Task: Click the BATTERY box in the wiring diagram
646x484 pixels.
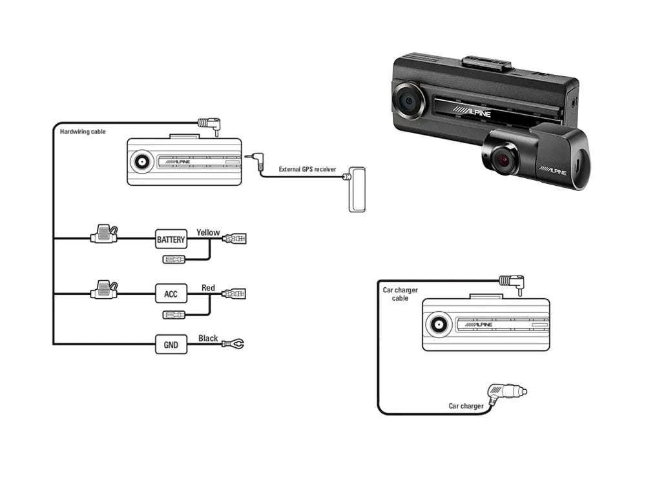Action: click(171, 240)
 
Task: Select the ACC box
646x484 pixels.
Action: click(171, 294)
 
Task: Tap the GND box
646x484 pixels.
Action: click(171, 345)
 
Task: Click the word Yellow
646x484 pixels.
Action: click(208, 232)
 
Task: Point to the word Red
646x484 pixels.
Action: click(208, 288)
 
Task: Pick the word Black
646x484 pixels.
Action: click(208, 338)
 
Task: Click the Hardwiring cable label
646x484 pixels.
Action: click(83, 132)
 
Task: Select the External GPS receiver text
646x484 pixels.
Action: click(307, 169)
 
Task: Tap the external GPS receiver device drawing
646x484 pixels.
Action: click(357, 188)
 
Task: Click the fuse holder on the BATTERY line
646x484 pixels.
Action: click(104, 236)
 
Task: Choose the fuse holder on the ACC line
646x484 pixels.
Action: click(104, 290)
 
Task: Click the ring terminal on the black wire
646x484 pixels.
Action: click(234, 344)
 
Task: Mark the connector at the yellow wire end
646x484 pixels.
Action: click(234, 239)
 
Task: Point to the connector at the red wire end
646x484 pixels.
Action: click(234, 294)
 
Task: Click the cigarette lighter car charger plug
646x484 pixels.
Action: click(508, 392)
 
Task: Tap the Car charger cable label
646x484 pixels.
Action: click(400, 294)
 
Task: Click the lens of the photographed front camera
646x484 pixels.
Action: click(408, 100)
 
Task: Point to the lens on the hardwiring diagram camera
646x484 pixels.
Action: click(141, 162)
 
